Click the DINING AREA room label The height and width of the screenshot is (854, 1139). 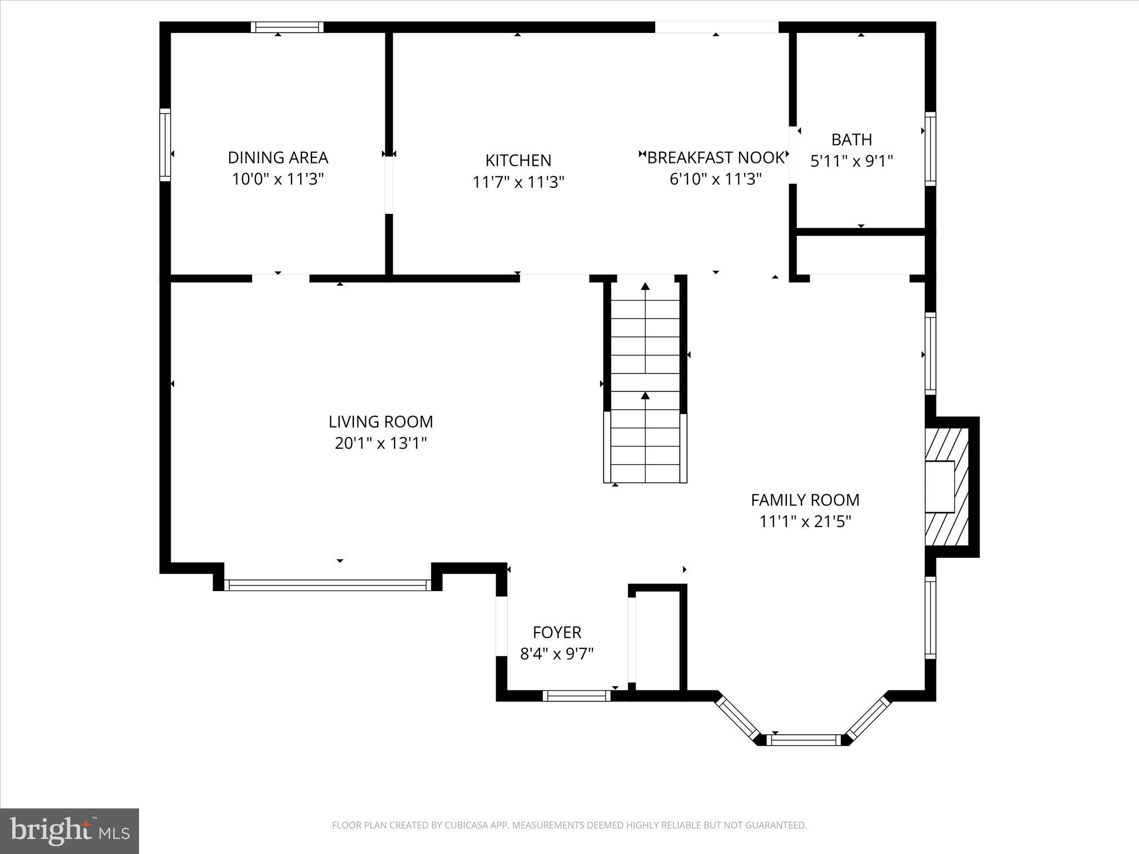coord(278,158)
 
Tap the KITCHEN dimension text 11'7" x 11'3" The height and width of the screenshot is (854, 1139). coord(518,182)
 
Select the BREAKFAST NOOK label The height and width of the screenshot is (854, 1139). coord(715,158)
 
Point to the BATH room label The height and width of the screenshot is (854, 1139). coord(851,140)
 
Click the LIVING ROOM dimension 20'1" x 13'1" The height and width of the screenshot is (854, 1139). coord(380,444)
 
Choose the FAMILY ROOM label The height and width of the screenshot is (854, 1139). coord(805,500)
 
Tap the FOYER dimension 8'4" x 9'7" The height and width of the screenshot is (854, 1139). coord(557,654)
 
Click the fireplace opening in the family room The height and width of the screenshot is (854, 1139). coord(939,486)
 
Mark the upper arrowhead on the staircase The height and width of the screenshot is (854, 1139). coord(645,287)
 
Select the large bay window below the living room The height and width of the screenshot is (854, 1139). coord(328,585)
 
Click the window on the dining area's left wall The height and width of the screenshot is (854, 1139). coord(165,145)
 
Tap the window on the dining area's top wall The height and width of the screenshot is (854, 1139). coord(287,27)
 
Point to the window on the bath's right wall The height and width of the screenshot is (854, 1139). coord(930,148)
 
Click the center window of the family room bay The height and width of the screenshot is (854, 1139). coord(804,740)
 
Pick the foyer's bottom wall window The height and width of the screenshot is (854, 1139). coord(577,696)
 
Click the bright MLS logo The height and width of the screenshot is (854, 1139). coord(70,831)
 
